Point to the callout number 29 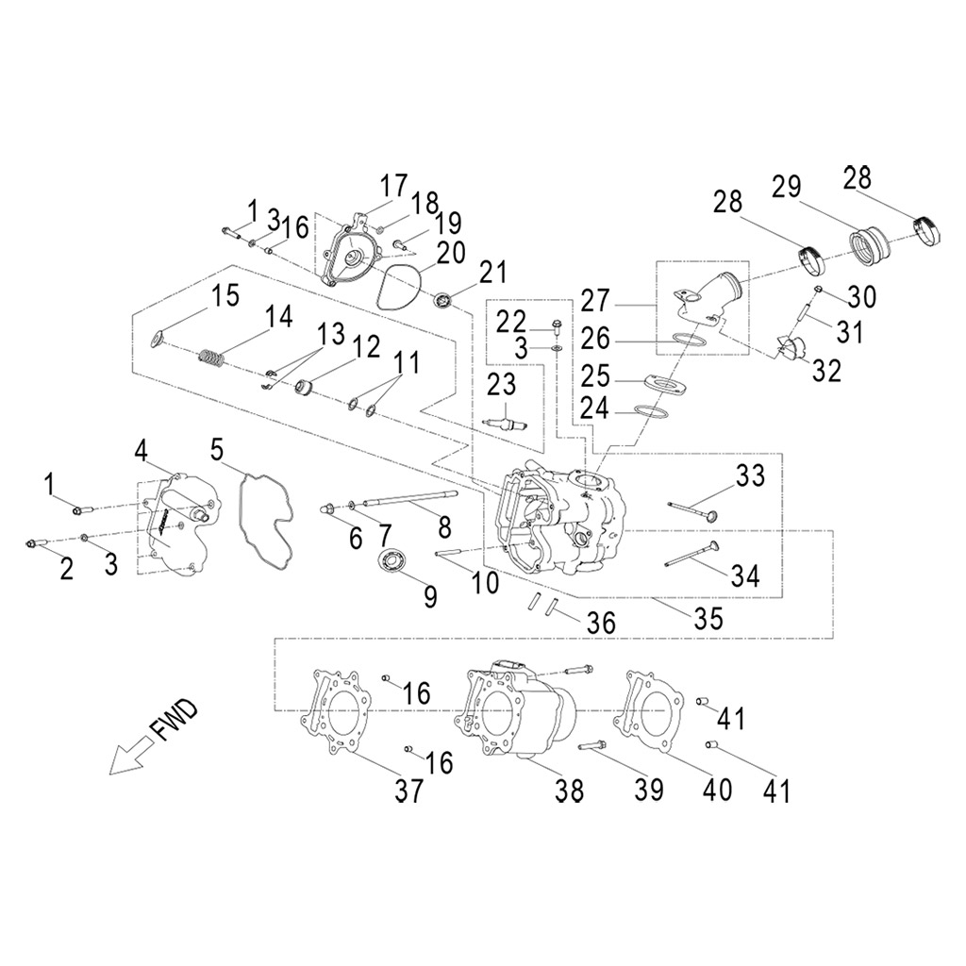(x=791, y=188)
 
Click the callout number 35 (x=708, y=618)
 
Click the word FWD (x=173, y=719)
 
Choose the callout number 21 (x=491, y=273)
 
